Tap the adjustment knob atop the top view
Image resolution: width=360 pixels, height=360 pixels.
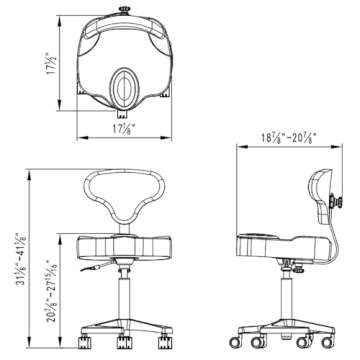click(x=126, y=12)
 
